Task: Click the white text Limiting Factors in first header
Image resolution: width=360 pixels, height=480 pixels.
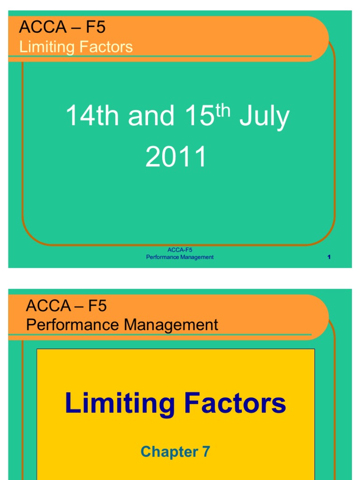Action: tap(76, 47)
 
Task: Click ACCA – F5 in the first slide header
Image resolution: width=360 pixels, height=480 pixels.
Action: tap(62, 28)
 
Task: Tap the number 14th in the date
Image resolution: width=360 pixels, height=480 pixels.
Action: tap(93, 117)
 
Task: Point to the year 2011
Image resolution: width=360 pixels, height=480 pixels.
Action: tap(176, 157)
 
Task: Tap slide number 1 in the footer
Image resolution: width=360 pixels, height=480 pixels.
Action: tap(329, 257)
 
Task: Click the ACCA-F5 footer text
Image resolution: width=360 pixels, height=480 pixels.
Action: tap(180, 250)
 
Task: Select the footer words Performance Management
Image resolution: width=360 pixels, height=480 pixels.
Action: tap(180, 257)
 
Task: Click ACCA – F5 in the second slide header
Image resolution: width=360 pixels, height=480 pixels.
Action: tap(67, 306)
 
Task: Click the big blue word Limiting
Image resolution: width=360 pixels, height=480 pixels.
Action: tap(120, 404)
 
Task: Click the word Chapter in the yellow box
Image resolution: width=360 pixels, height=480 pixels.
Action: tap(169, 452)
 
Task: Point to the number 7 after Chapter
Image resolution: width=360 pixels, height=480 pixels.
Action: tap(206, 452)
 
